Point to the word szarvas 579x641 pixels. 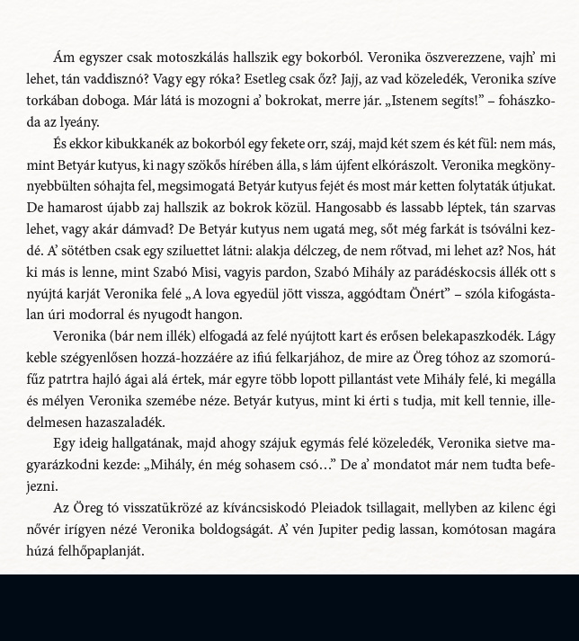click(x=529, y=209)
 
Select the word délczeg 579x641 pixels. click(x=370, y=252)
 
